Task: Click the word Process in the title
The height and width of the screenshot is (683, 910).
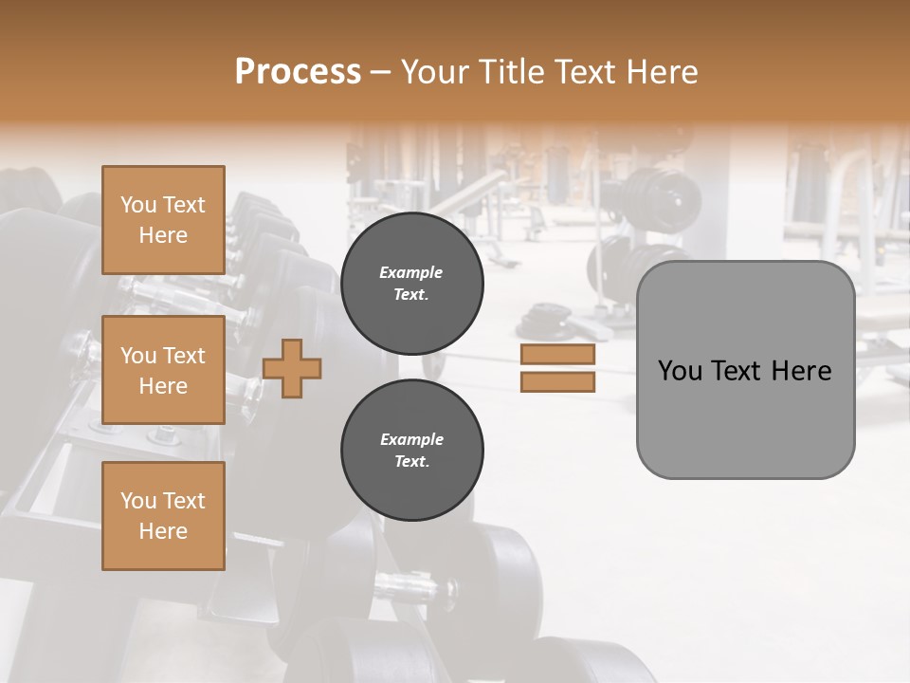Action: pos(298,72)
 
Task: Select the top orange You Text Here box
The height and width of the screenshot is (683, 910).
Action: pos(163,220)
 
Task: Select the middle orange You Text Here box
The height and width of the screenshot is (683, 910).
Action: pos(163,370)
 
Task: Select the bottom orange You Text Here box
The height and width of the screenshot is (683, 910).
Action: pos(163,516)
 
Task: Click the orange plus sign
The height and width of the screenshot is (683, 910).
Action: pos(292,368)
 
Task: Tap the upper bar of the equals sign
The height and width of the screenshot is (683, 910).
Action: pos(557,355)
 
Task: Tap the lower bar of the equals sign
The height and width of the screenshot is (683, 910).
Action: pos(557,381)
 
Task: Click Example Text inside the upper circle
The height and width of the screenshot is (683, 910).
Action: pos(411,284)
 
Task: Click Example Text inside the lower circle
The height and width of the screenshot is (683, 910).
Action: pos(411,451)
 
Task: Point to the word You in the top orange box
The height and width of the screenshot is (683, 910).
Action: pos(138,205)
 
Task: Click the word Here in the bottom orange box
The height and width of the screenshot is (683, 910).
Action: pos(163,531)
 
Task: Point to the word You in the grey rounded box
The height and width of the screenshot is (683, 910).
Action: pos(680,371)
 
